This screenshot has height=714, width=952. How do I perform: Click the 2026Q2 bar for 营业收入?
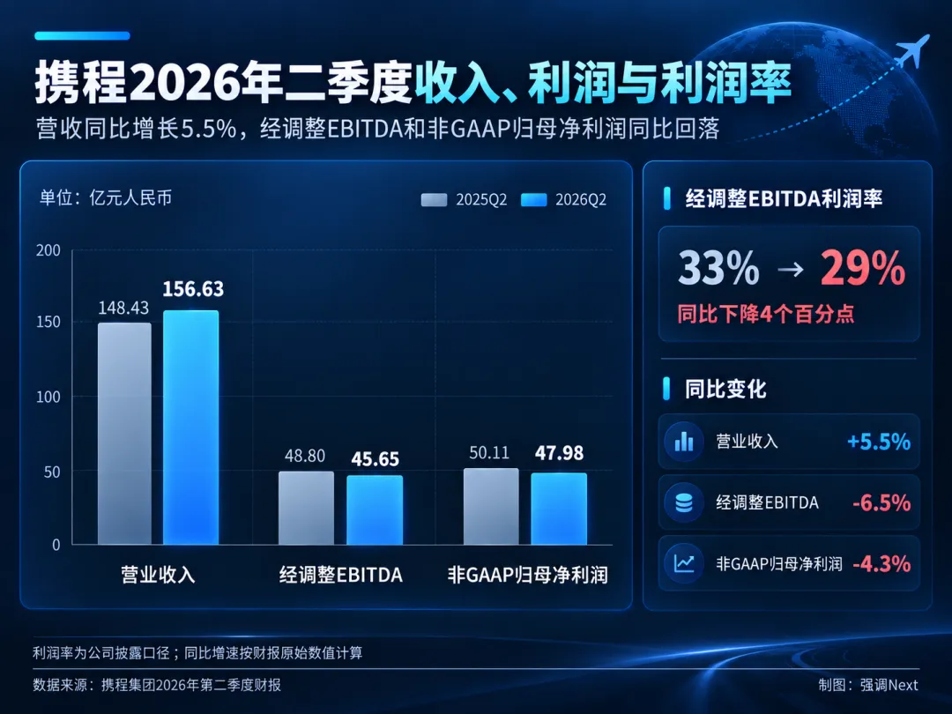pos(190,428)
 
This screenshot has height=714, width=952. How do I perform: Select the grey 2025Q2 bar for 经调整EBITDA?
pos(306,508)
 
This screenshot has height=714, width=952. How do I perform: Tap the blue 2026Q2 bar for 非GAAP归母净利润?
pos(559,509)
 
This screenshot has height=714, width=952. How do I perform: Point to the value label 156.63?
pos(193,289)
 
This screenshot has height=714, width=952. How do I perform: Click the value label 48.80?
pos(305,456)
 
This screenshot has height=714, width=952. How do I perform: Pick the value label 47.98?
pos(559,453)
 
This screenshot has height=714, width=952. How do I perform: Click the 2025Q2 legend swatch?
pos(434,200)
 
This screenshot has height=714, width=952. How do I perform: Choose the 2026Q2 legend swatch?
pos(533,200)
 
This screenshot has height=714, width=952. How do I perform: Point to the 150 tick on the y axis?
pos(48,322)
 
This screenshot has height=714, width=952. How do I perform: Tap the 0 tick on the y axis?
pos(56,545)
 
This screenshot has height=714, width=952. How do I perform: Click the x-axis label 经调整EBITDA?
pos(340,575)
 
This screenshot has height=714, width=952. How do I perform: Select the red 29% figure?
pos(863,268)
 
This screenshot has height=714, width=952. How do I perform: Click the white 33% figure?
pos(718,268)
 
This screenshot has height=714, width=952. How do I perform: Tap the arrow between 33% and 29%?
pos(790,269)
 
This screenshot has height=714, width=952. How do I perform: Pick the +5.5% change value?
pos(879,442)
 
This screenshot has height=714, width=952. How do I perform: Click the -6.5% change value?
pos(881,502)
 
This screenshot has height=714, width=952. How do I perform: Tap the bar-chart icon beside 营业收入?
pos(684,442)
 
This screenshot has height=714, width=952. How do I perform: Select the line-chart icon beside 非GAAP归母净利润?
pos(684,563)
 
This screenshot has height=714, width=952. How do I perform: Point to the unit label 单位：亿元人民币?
pos(106,198)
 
